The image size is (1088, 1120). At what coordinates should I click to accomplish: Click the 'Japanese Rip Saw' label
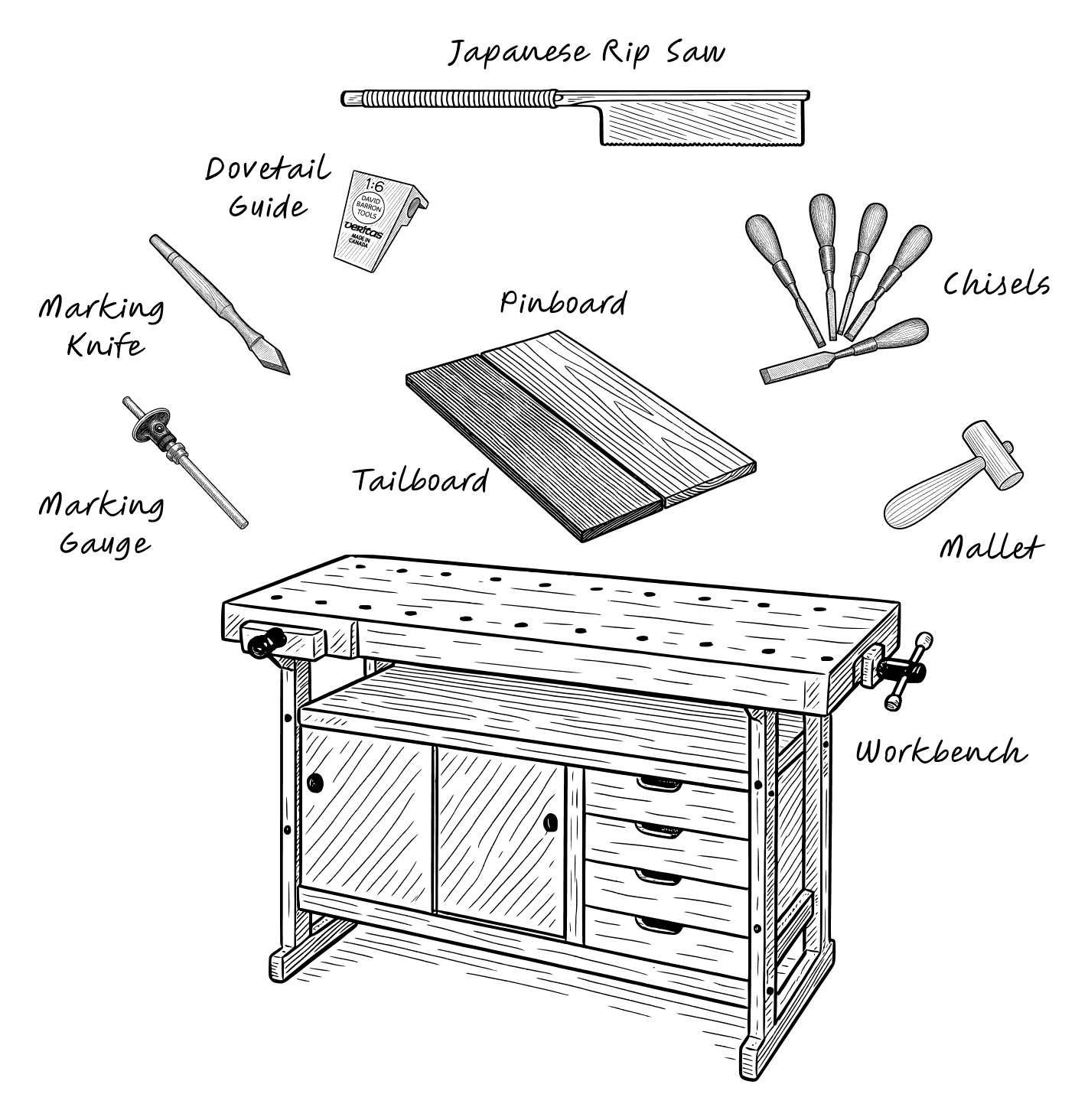[x=586, y=54]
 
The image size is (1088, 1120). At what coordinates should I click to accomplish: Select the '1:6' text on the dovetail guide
[x=374, y=186]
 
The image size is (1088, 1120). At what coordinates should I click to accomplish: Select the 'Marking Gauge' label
[x=102, y=524]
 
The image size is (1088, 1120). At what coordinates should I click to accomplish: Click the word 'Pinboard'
[x=563, y=304]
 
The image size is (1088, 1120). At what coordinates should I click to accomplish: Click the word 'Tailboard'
[x=419, y=480]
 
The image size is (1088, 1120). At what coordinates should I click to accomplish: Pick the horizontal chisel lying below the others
[x=842, y=354]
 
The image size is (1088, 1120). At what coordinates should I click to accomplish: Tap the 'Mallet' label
[x=991, y=547]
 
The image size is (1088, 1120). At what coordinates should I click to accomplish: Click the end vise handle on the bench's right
[x=907, y=671]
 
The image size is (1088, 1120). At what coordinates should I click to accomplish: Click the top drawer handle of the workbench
[x=659, y=783]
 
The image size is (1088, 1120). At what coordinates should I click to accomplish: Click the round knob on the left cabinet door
[x=314, y=782]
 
